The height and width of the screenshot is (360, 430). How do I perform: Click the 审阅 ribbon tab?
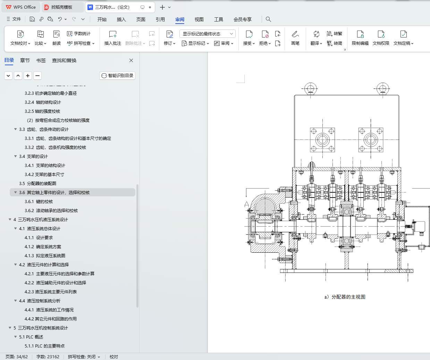[179, 19]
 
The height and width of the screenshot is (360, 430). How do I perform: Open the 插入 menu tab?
[121, 19]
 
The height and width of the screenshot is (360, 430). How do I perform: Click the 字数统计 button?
[79, 34]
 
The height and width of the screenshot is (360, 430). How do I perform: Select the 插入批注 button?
[113, 38]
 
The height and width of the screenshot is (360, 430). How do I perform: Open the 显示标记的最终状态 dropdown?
[208, 34]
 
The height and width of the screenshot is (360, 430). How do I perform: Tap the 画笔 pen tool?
[295, 38]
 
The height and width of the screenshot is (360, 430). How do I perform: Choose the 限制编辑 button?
[360, 38]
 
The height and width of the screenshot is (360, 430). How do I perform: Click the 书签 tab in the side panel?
[41, 60]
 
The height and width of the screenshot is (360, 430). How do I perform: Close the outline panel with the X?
[131, 60]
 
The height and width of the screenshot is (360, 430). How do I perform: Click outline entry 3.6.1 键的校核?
[39, 202]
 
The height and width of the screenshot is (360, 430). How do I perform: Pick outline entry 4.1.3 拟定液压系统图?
[45, 256]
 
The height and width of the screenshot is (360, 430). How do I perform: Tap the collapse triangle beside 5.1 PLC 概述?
[16, 337]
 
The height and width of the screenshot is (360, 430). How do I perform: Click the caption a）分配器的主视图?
[345, 297]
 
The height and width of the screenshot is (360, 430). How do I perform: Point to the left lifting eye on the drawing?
[310, 89]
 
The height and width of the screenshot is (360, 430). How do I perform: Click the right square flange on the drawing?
[371, 140]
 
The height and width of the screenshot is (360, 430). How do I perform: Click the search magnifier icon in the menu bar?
[268, 19]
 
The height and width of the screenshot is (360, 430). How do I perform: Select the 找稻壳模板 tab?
[61, 7]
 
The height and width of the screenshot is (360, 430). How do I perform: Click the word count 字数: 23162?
[48, 357]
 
